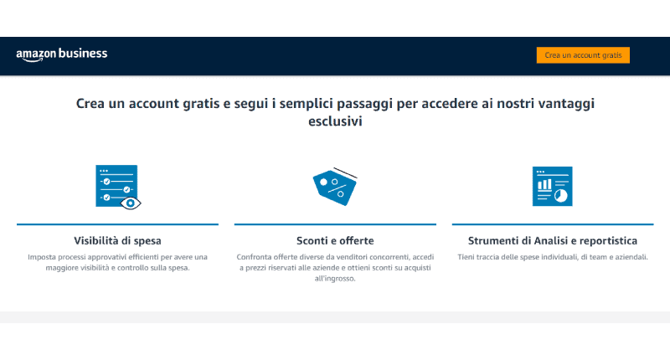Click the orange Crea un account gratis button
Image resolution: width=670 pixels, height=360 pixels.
[583, 55]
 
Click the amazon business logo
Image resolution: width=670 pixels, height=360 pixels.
[61, 54]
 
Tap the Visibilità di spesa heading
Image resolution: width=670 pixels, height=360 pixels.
[117, 240]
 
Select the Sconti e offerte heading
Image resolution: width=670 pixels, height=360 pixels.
[335, 240]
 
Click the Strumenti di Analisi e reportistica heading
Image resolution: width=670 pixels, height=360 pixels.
[553, 240]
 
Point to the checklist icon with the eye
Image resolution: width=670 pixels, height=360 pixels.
[117, 186]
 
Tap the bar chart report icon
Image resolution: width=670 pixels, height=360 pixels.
[552, 186]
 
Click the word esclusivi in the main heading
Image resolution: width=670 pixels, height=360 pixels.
[335, 121]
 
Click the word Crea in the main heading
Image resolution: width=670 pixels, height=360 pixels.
[91, 103]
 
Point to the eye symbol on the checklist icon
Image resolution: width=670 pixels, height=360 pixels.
[131, 202]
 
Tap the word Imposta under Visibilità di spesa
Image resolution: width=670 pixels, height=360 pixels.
[41, 256]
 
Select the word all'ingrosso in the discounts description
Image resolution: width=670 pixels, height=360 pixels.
[335, 279]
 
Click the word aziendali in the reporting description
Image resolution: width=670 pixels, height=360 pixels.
[628, 256]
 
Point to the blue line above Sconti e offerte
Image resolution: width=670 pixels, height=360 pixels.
[335, 224]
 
